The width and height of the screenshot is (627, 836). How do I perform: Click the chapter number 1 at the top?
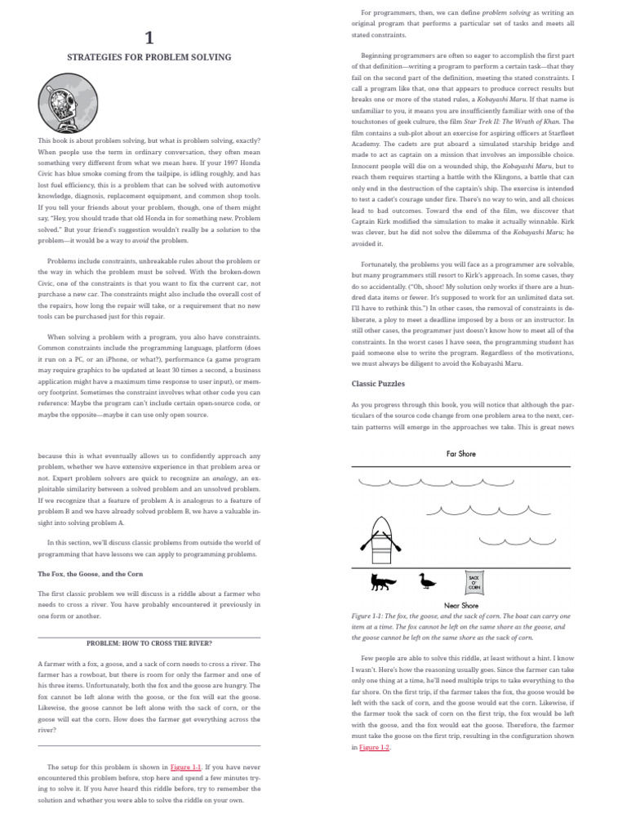click(149, 37)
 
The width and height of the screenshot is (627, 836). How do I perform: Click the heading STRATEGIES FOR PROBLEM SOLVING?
click(149, 57)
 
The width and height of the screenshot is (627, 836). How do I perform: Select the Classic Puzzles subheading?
click(379, 383)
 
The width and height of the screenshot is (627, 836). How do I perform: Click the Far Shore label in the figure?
click(460, 454)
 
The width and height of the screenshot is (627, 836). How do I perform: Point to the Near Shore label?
click(460, 606)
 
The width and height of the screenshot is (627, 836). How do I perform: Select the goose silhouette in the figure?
click(426, 580)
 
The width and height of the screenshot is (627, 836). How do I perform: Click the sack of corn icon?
click(474, 581)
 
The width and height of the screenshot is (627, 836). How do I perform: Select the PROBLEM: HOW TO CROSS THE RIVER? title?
click(149, 643)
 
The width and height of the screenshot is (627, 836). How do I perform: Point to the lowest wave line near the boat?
click(510, 540)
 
